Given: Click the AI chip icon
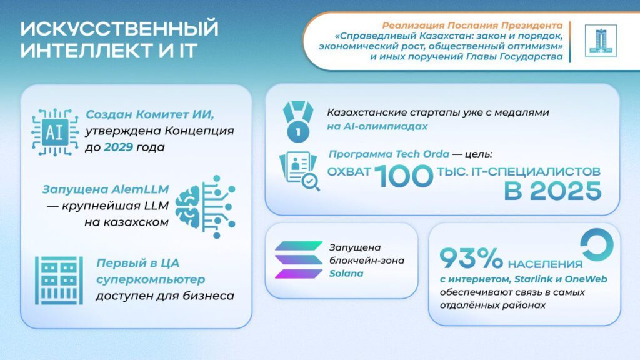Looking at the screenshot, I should tap(55, 131).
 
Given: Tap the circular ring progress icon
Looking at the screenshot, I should tap(596, 246).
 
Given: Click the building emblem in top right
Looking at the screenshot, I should tap(600, 41).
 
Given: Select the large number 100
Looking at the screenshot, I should tap(405, 176).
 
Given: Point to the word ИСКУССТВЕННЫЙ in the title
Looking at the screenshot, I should tap(119, 29).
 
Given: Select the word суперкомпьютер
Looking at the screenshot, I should tap(150, 279).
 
